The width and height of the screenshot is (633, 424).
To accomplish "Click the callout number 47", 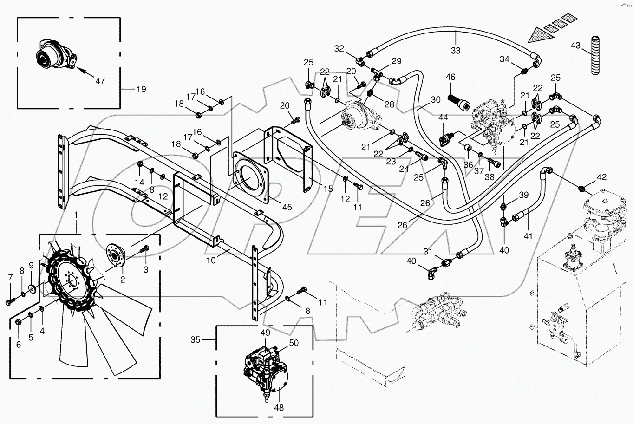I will coord(100,81).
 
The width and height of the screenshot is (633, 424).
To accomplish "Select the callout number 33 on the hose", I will coord(456,50).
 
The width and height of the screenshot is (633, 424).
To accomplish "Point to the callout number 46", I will coord(450,77).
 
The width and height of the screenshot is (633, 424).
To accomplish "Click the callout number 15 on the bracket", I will coord(328,189).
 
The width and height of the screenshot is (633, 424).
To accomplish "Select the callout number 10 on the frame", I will coord(211,261).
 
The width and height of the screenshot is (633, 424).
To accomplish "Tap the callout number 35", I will coord(195,340).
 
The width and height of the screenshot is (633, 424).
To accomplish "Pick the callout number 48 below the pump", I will coord(279,408).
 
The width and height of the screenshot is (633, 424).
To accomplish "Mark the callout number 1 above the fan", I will coord(77,216).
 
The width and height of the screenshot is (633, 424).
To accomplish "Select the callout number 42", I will coord(602,177).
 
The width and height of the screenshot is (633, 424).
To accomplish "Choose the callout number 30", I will coord(436,99).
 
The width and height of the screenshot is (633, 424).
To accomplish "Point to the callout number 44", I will coord(444,118).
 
